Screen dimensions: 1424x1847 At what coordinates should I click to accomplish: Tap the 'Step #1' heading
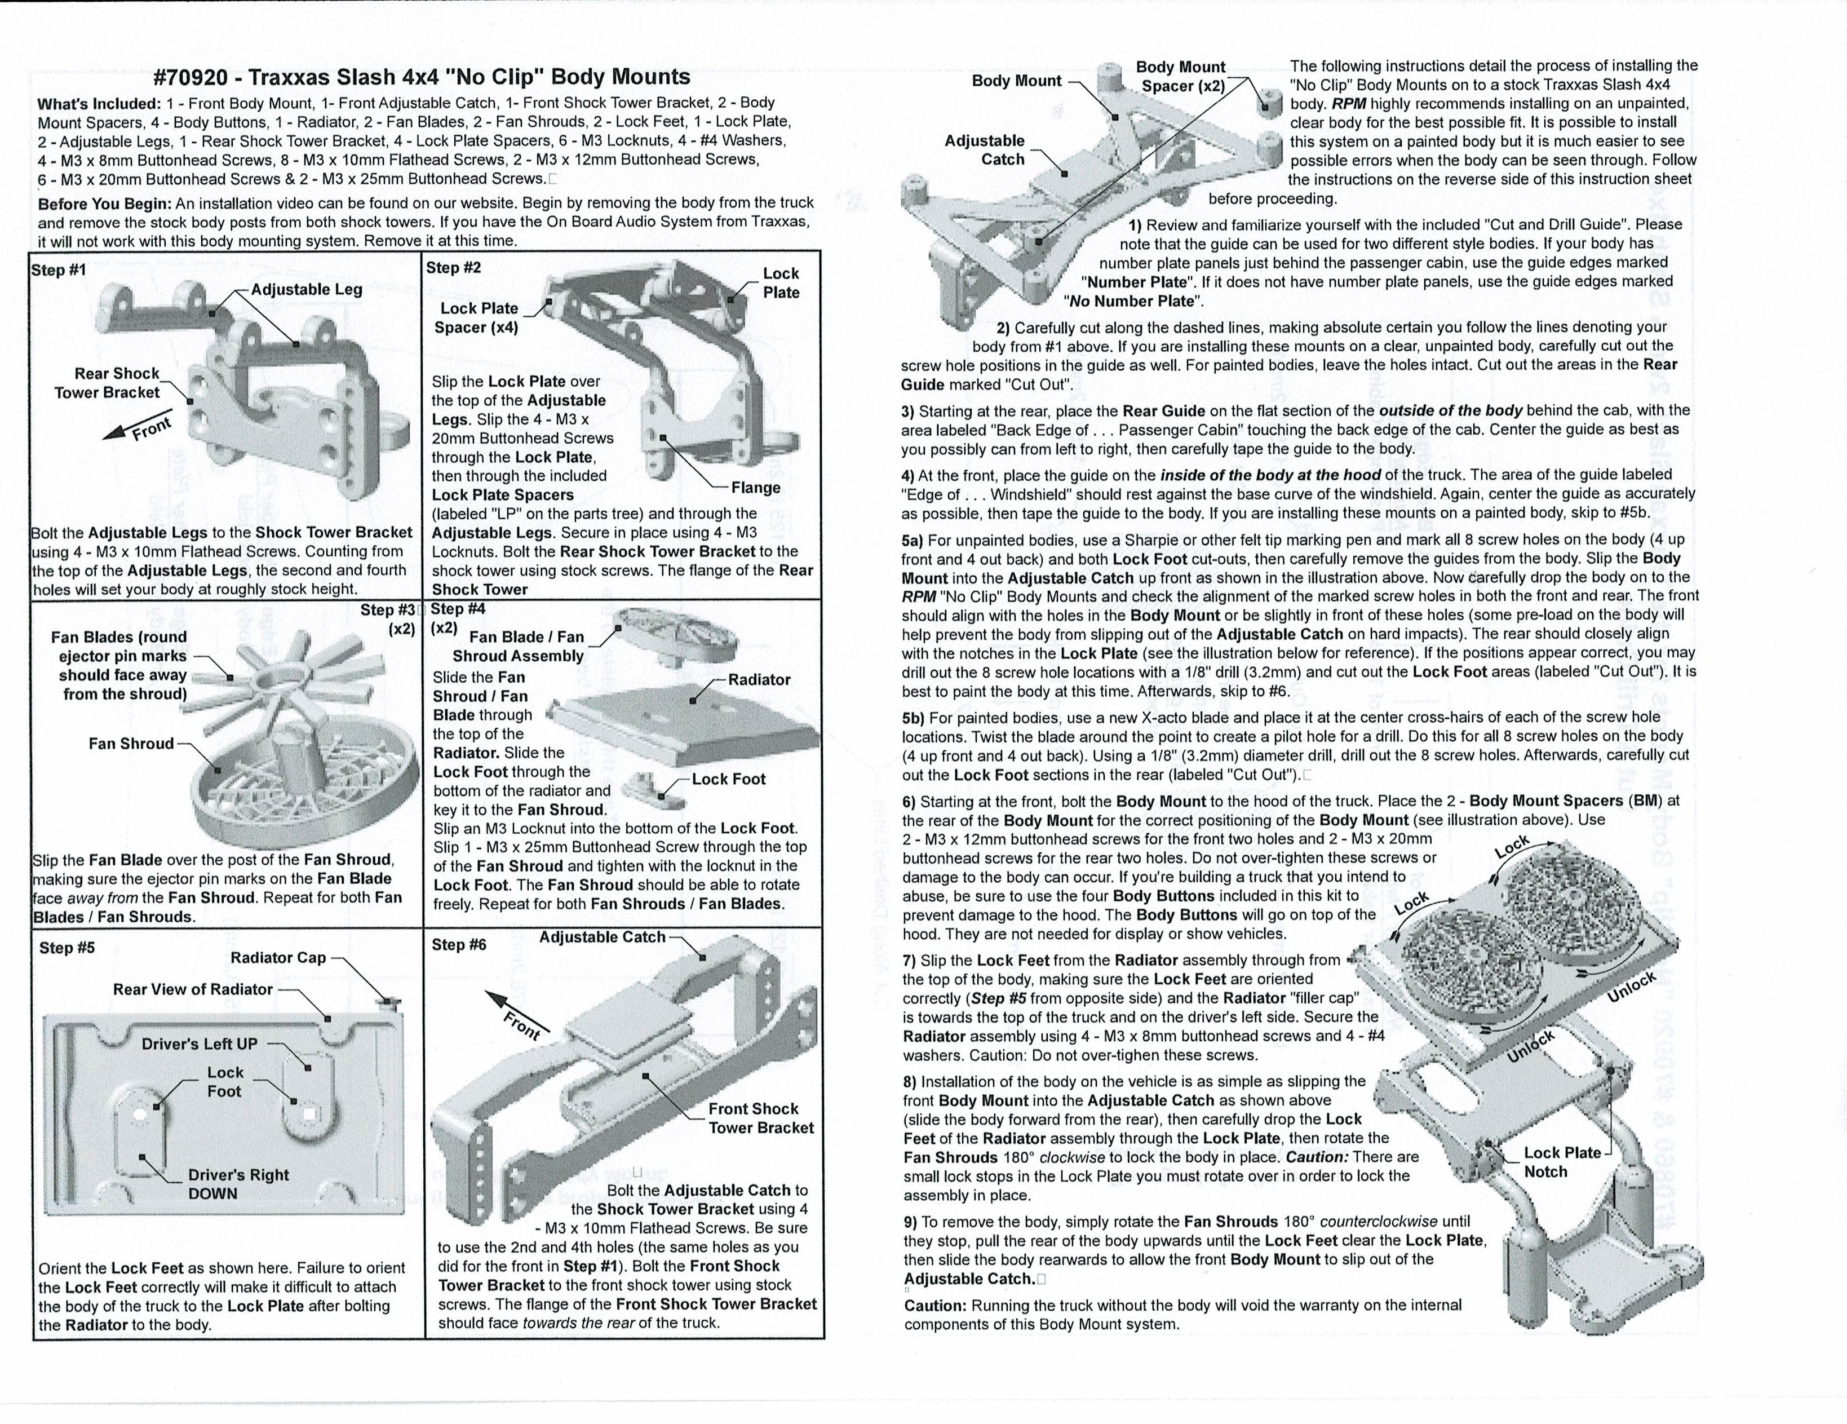[59, 270]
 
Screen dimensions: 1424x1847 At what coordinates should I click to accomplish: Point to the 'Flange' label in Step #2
[756, 488]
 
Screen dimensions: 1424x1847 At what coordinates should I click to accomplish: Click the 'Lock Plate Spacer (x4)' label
[478, 318]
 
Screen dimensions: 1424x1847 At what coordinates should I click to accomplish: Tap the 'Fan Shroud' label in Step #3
[131, 744]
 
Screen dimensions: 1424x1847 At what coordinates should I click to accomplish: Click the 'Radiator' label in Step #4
[759, 679]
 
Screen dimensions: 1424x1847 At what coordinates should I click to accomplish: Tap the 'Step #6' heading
[458, 944]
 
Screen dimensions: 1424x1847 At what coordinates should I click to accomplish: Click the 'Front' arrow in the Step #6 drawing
[517, 1020]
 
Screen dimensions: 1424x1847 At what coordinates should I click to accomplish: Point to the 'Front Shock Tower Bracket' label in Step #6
[760, 1118]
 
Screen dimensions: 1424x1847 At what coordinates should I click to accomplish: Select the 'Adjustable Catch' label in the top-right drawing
[985, 150]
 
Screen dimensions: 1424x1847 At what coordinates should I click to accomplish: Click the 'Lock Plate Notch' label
[1561, 1162]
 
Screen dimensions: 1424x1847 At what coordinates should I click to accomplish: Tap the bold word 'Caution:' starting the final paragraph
[936, 1306]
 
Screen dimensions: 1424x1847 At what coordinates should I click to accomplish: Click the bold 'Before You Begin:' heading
[105, 203]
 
